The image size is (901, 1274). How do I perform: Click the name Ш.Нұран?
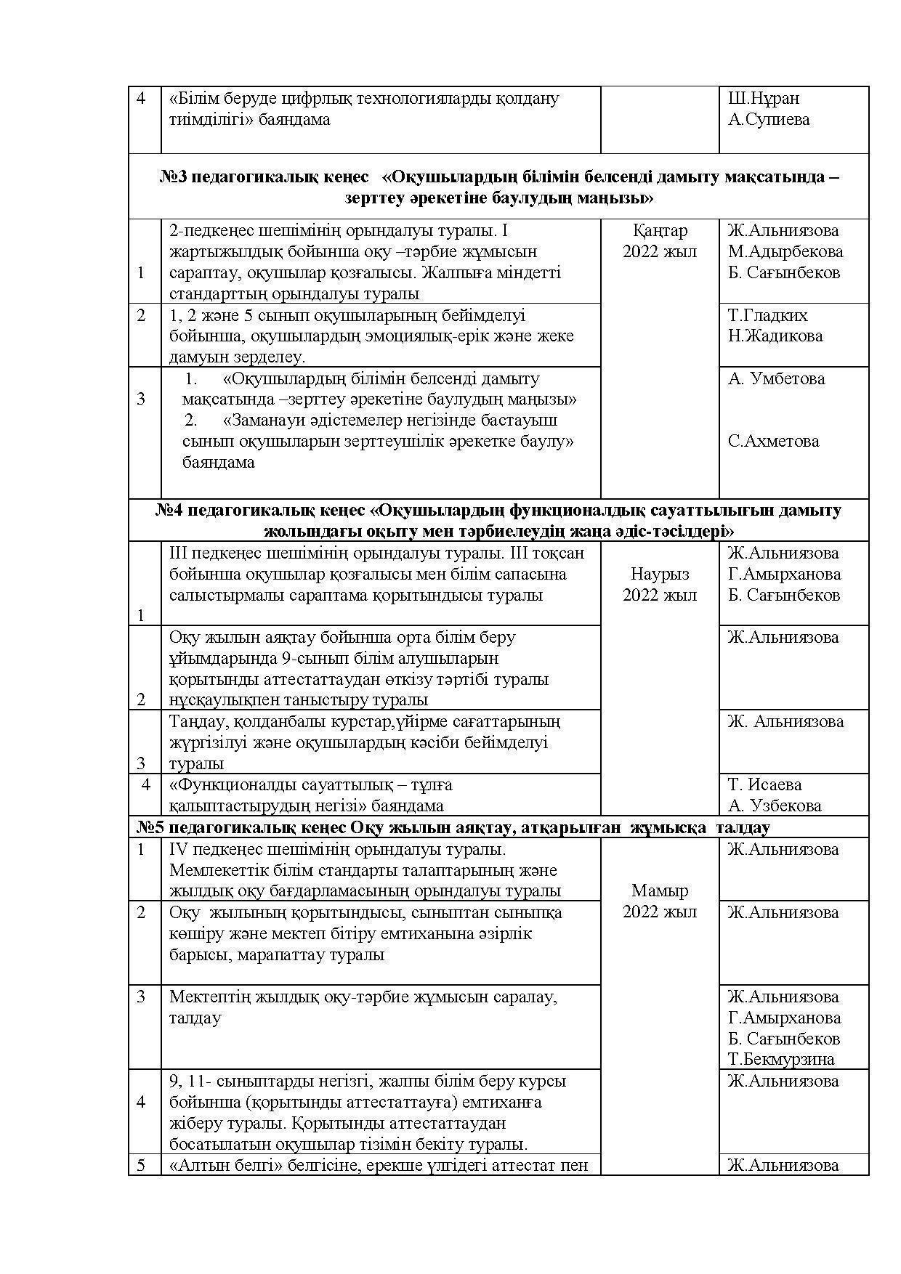pos(763,99)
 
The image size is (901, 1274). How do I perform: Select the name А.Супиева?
pos(769,120)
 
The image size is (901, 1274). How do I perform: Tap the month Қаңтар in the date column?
pos(660,231)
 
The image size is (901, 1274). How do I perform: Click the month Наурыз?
pos(660,574)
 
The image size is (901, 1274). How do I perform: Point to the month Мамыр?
pos(660,890)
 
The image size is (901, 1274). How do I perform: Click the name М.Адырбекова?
pos(785,252)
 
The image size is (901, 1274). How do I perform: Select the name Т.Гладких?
pos(767,315)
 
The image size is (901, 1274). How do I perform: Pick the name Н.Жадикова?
pos(775,336)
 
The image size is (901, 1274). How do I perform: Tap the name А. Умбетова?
pos(776,378)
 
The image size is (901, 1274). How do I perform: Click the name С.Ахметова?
pos(773,442)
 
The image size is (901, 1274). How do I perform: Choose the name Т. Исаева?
pos(764,785)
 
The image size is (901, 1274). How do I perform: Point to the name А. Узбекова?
pos(775,806)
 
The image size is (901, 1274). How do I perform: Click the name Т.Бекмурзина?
pos(781,1060)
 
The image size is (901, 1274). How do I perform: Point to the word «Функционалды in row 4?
pos(232,785)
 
